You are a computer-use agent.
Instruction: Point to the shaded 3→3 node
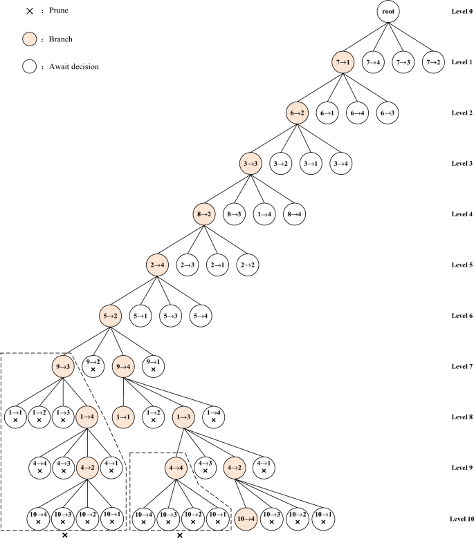coord(251,164)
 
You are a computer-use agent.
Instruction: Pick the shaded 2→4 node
coord(159,265)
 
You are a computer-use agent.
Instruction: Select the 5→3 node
coord(174,315)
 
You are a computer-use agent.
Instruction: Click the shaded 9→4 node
coord(124,365)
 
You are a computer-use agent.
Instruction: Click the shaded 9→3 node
coord(63,365)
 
